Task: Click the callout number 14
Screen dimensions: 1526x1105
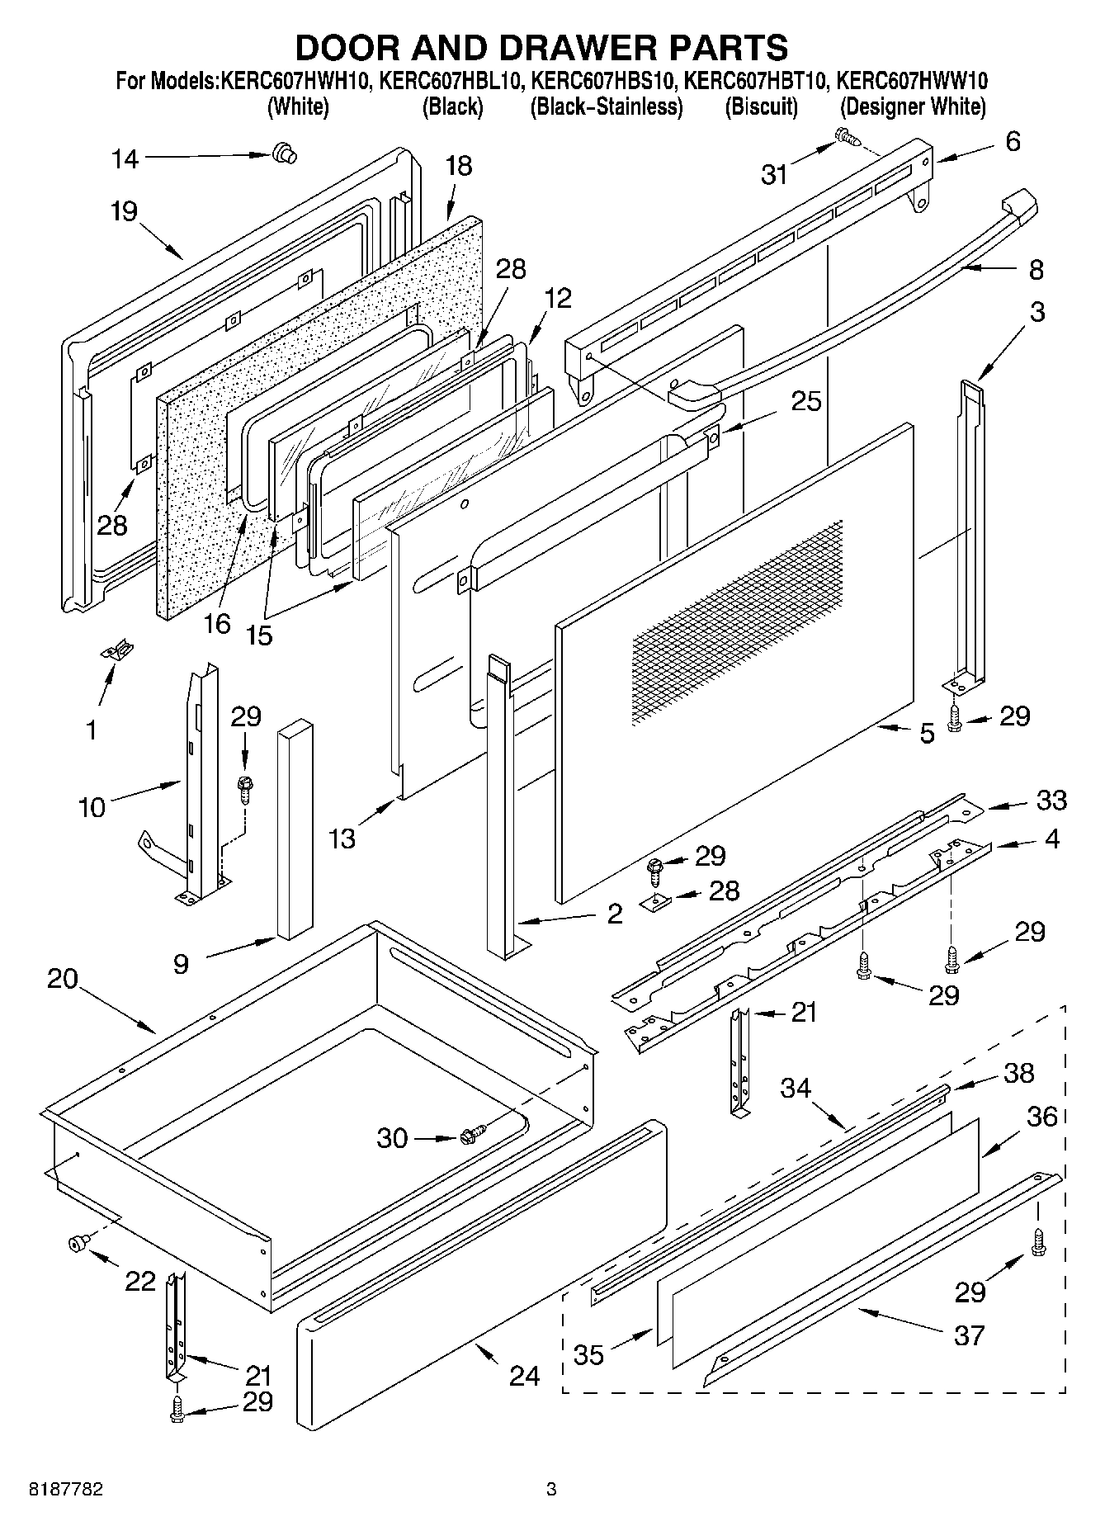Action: tap(125, 159)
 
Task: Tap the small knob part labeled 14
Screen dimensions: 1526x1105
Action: tap(285, 152)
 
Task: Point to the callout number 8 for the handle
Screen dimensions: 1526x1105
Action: tap(1036, 270)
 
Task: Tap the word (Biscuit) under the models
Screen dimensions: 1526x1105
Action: tap(761, 107)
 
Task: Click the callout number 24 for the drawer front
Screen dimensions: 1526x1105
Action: tap(524, 1376)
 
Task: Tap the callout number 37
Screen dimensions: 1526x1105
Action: tap(969, 1335)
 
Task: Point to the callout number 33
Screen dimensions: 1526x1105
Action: tap(1051, 800)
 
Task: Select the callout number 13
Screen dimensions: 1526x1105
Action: tap(342, 839)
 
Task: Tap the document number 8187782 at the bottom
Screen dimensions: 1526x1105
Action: tap(66, 1490)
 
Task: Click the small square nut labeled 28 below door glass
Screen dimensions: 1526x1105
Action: tap(657, 900)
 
